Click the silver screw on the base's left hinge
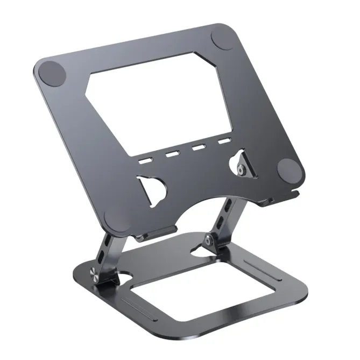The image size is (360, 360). (93, 274)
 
